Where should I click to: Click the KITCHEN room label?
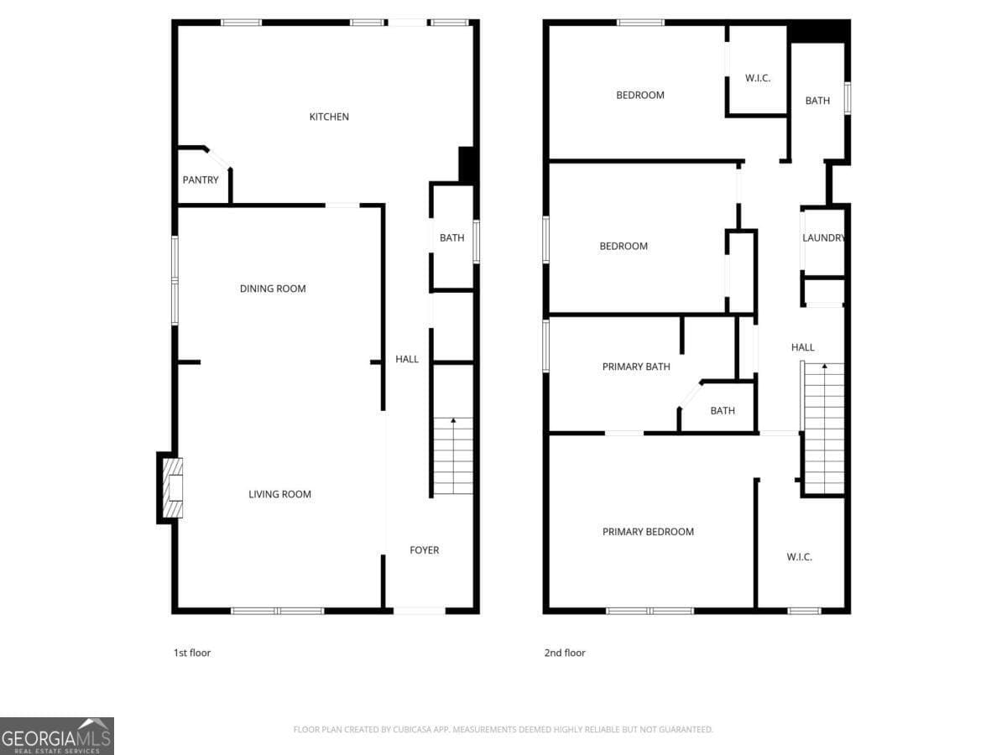[x=329, y=117]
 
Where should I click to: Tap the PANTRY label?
[x=201, y=180]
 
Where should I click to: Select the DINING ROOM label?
[x=273, y=289]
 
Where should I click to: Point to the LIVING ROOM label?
[x=279, y=494]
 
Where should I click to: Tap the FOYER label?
[x=424, y=550]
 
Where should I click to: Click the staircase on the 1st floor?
[x=453, y=456]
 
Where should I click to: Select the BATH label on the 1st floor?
[x=451, y=238]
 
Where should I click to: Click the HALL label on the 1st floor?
[x=407, y=359]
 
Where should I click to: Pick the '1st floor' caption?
[x=191, y=653]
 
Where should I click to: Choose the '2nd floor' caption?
[x=564, y=653]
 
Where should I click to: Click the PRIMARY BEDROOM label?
[x=648, y=532]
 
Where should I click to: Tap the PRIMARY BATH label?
[x=635, y=367]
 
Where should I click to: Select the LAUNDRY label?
[x=823, y=238]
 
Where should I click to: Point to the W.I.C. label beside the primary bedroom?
[x=799, y=557]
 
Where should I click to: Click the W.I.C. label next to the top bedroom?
[x=757, y=79]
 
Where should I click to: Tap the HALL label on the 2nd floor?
[x=802, y=347]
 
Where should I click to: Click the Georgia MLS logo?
[x=56, y=736]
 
